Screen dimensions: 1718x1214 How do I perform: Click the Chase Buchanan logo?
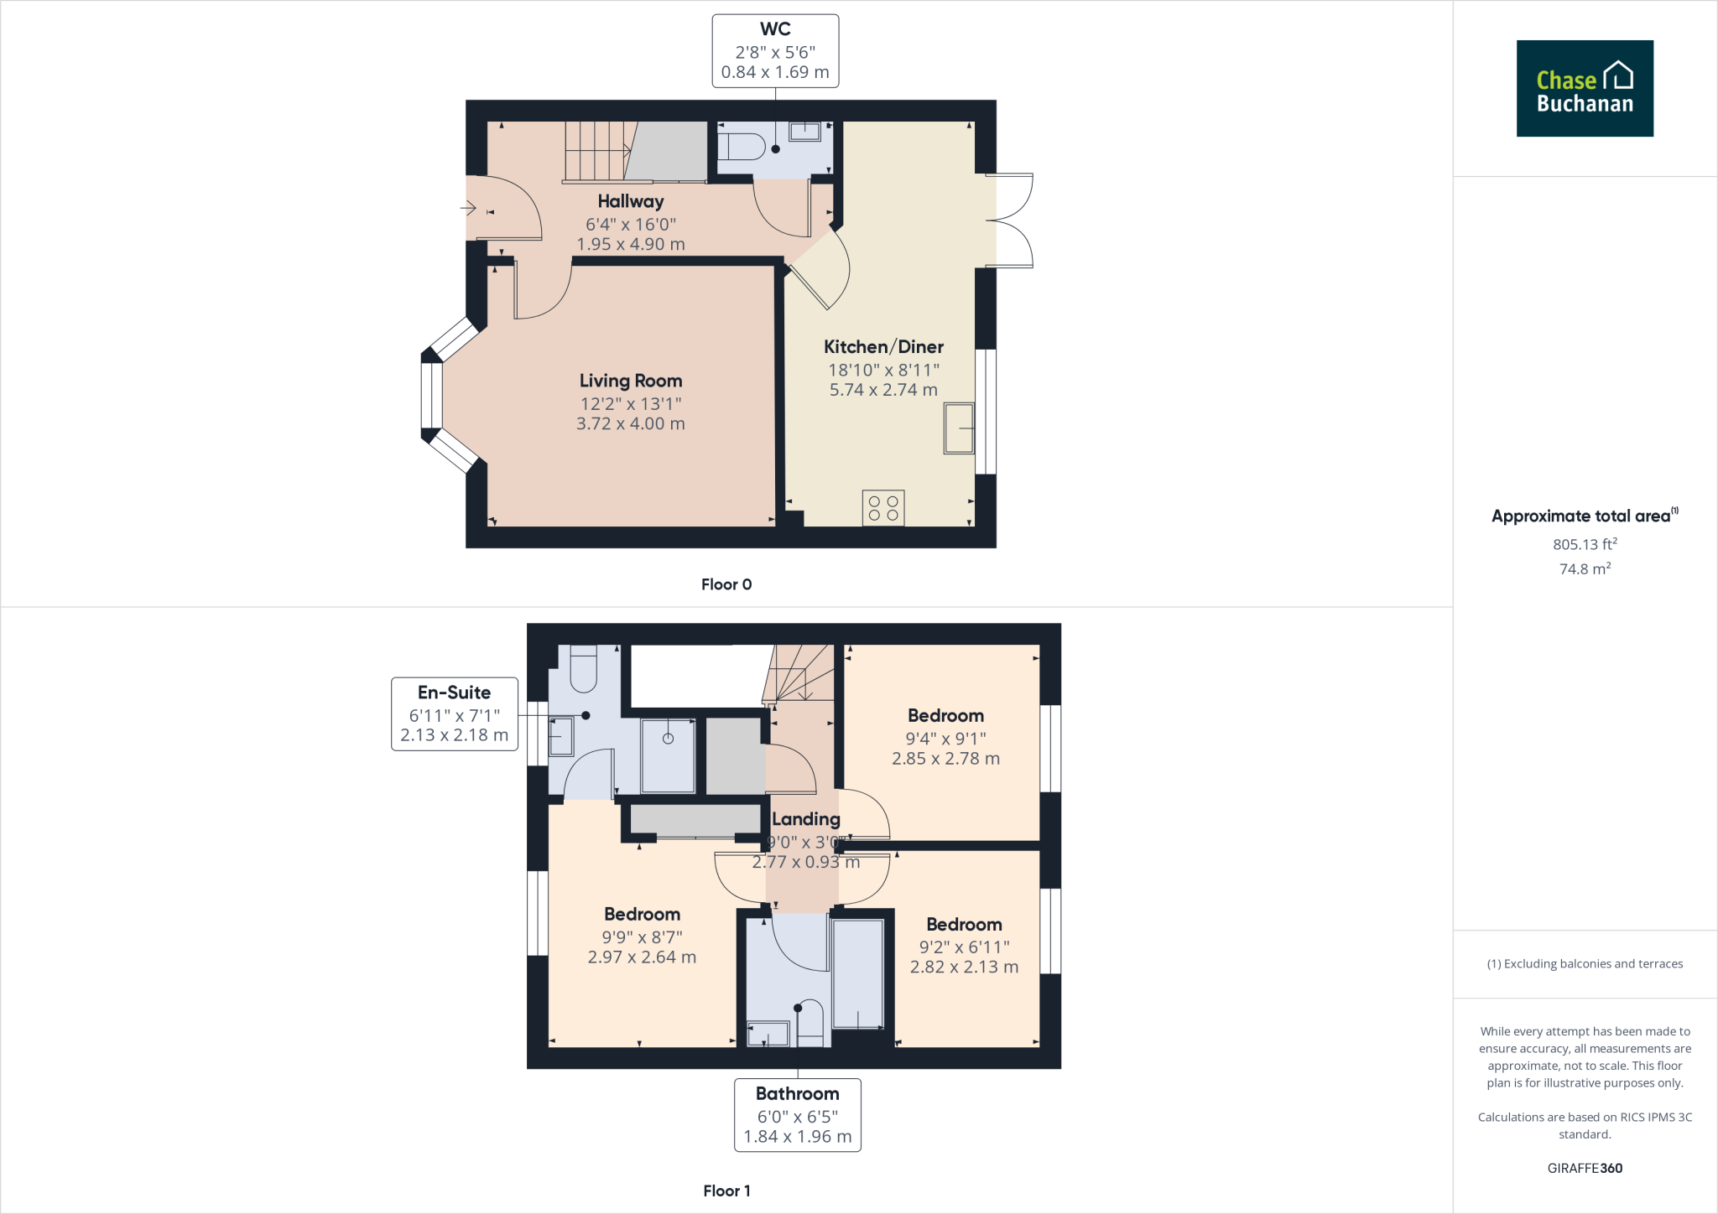[1585, 88]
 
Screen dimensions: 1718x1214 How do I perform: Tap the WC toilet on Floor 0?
[742, 148]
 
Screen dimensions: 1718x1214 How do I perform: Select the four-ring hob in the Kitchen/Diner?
[883, 508]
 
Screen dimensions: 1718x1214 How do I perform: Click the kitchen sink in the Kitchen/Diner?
[959, 428]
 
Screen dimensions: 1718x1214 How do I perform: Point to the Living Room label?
[631, 381]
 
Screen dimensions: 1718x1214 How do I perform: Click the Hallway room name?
[631, 201]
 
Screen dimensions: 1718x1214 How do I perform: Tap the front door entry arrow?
[469, 207]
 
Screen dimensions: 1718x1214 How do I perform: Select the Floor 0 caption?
[726, 584]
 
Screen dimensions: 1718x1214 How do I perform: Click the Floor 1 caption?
[726, 1191]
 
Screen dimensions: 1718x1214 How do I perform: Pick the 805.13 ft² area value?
[1585, 544]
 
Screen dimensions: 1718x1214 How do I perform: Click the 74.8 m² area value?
[1585, 568]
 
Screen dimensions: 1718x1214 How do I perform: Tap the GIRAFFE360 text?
[1585, 1168]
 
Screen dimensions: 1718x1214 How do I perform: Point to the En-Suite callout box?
[455, 713]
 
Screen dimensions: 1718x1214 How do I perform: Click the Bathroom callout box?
[798, 1115]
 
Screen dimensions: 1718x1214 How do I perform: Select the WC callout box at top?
[775, 51]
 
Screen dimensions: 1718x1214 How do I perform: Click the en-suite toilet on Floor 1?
[583, 668]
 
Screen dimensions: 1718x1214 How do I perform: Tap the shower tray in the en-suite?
[668, 755]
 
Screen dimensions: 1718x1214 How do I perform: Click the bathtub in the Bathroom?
[858, 974]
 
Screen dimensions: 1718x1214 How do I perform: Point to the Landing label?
[806, 819]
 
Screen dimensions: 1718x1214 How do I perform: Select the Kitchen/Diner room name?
[883, 346]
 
